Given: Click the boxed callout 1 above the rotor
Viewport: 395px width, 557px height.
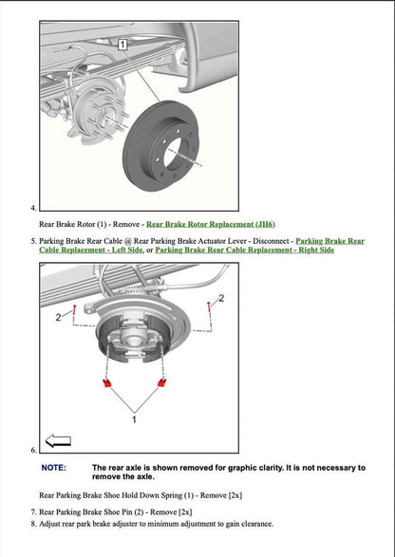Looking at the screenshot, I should [x=122, y=45].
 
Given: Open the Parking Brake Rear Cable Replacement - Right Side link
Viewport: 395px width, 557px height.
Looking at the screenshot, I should [x=244, y=251].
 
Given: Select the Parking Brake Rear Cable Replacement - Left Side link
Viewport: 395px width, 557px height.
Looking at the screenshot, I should [x=329, y=241].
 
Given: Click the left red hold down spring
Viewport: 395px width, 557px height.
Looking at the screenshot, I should [x=107, y=383].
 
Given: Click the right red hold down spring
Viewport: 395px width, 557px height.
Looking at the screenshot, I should [x=162, y=383].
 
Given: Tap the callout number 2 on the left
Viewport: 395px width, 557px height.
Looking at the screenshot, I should [x=58, y=315].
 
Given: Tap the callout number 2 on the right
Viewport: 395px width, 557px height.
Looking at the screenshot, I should [x=221, y=299].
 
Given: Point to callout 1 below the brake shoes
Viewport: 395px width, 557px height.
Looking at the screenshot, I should [x=134, y=418].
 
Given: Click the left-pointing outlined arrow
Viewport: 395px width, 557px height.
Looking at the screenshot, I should [x=59, y=441].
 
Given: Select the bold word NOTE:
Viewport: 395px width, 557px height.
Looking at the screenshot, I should [x=54, y=468].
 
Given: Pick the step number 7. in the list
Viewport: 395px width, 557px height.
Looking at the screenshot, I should [x=33, y=511].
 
